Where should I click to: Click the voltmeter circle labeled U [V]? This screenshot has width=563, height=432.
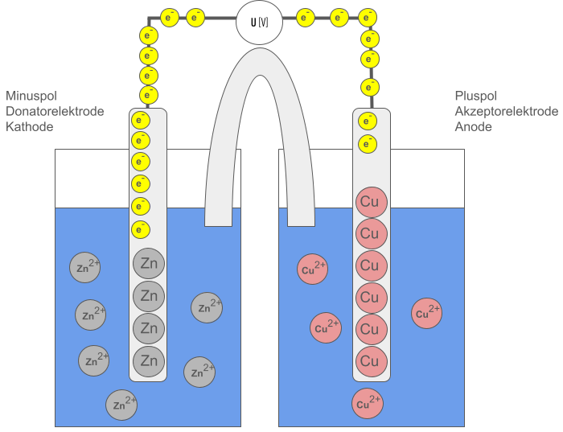coord(259,23)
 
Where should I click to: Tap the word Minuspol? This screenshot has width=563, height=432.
coord(31,96)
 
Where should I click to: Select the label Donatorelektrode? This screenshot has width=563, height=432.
coord(55,111)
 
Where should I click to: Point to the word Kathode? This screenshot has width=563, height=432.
coord(29,127)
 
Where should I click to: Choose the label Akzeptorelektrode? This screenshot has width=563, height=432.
coord(506,111)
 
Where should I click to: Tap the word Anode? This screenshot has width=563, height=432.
coord(473,127)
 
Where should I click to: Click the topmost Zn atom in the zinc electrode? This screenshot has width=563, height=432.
coord(149,264)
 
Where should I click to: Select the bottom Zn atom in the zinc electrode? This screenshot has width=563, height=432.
coord(149,360)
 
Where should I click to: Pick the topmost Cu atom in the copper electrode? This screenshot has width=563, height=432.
coord(372,201)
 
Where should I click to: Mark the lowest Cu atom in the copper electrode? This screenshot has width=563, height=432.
coord(372,361)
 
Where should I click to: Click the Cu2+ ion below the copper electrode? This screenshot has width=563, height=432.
coord(368,404)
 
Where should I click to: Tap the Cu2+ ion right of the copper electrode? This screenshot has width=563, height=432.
coord(426,313)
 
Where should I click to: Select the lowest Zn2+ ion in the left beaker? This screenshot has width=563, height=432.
coord(121,405)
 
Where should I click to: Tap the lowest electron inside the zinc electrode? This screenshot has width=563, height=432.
coord(140,230)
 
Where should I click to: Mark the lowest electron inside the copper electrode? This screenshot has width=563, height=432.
coord(367,145)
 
